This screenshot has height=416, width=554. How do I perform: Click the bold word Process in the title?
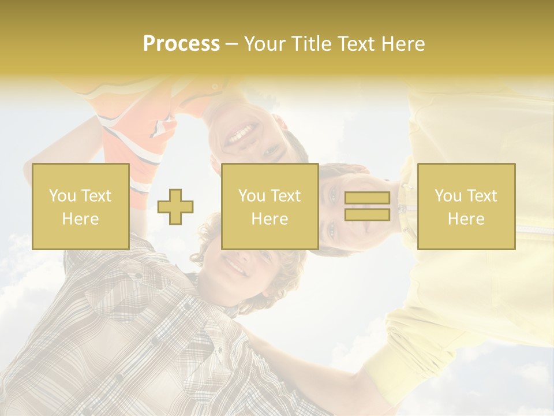point(181,44)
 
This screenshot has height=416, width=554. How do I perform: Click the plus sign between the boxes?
point(175,207)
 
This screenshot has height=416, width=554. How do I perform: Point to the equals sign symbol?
point(367,206)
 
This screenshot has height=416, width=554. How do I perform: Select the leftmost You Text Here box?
point(80,206)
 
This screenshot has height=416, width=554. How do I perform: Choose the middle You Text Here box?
point(269,206)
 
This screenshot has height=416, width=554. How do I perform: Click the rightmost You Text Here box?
point(466,206)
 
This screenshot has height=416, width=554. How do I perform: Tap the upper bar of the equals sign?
point(367,198)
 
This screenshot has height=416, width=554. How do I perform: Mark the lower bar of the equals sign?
point(367,214)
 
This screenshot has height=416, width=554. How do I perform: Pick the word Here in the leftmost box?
point(80,219)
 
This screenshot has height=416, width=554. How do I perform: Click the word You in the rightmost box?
point(448,196)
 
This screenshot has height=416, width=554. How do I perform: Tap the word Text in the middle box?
point(286,196)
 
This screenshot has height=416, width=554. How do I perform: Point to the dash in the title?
point(232,44)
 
